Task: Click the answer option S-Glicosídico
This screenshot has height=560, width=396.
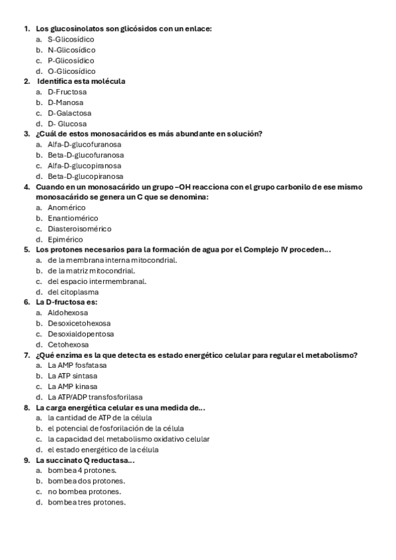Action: point(71,40)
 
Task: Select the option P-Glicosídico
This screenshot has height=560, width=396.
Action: point(71,61)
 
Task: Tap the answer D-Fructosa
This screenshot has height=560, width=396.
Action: point(67,92)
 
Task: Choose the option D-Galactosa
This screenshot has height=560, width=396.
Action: point(69,113)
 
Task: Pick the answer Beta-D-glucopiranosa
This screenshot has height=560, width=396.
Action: point(85,176)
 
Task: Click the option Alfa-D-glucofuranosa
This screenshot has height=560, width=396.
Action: point(84,145)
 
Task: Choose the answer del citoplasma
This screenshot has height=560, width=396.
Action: point(73,292)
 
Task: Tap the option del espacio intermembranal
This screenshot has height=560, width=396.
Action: point(97,281)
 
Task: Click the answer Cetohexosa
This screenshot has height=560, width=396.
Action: point(67,345)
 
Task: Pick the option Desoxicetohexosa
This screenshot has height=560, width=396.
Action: point(79,324)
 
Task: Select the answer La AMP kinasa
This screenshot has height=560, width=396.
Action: point(73,386)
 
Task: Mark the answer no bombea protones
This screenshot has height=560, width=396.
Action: point(84,492)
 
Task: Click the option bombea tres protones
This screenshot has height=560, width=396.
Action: point(86,503)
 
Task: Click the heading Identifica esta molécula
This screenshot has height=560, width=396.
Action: point(81,81)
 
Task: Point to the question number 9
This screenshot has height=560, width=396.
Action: point(26,460)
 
